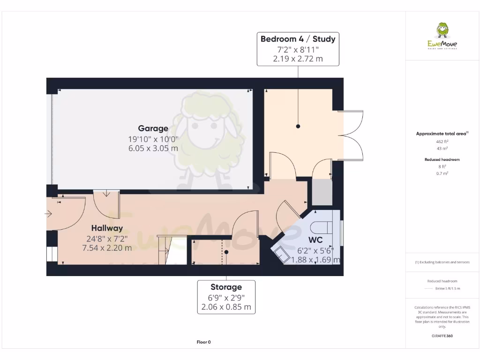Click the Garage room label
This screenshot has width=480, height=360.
tap(153, 128)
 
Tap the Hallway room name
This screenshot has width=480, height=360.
tap(107, 228)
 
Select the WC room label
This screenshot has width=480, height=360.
tap(303, 240)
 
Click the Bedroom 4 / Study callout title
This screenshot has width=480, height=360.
tap(298, 39)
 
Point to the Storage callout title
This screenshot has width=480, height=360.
tap(226, 287)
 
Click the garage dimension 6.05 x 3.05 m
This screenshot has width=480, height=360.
tap(153, 149)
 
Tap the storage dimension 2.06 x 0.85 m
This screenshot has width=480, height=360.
tap(226, 307)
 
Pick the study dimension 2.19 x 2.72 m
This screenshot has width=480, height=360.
tap(298, 59)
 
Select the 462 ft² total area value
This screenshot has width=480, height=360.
tap(442, 141)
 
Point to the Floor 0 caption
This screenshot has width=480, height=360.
tap(203, 342)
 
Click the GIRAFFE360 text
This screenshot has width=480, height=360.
tap(442, 336)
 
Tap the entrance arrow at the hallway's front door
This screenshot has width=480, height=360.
tap(49, 214)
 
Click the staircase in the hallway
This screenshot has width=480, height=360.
tap(164, 250)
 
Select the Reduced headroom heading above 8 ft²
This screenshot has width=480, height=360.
tap(442, 160)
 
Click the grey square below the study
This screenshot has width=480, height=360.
tap(322, 192)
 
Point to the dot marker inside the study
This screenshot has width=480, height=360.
tap(298, 127)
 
